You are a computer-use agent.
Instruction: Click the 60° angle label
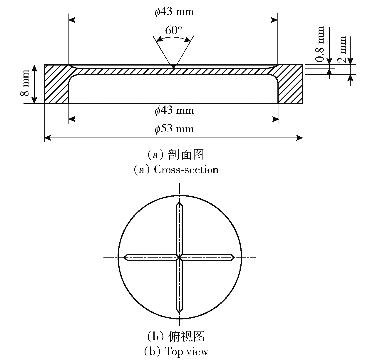point(173,30)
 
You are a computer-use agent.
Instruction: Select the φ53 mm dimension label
point(174,129)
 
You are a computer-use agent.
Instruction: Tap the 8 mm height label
point(25,83)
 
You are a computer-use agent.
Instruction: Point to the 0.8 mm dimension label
point(320,44)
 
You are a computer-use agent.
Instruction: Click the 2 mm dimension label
point(342,49)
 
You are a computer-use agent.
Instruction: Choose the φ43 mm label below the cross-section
point(174,110)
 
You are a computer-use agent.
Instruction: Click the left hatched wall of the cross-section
point(56,84)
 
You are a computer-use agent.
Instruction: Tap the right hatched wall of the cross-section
point(290,84)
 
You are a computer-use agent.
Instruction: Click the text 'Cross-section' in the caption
point(186,170)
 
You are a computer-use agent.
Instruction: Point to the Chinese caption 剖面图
point(186,154)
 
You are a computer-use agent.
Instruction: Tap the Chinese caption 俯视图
point(186,336)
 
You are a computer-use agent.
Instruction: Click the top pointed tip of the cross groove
point(179,202)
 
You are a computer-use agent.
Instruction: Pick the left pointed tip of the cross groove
point(124,257)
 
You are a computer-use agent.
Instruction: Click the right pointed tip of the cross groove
point(235,257)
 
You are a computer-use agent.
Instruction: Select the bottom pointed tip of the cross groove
point(179,313)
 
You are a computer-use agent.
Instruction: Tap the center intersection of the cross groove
point(179,257)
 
